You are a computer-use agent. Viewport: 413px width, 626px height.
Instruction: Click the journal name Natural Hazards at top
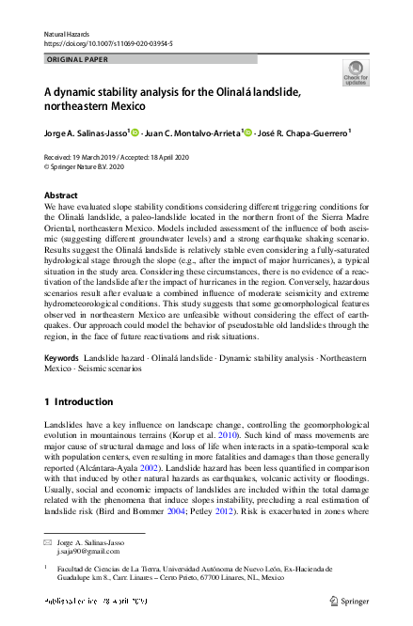tap(67, 34)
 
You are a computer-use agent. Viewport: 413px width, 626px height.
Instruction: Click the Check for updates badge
tap(356, 72)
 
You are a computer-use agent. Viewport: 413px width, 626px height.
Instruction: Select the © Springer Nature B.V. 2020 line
tap(84, 166)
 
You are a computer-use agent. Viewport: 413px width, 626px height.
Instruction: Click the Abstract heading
tap(61, 195)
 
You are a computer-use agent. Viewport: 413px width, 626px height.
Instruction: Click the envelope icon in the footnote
tap(48, 544)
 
